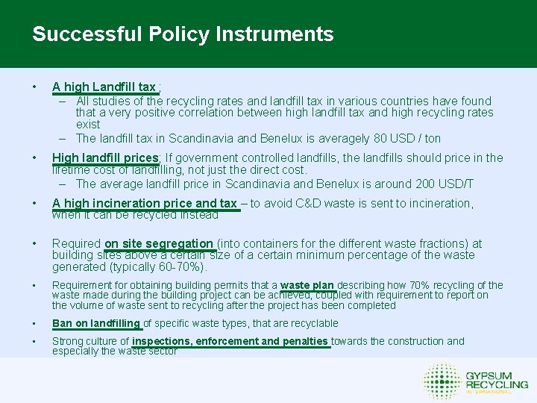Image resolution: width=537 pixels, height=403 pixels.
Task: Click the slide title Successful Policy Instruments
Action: pos(183,34)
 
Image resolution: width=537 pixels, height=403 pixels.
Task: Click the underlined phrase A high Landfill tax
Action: pos(104,87)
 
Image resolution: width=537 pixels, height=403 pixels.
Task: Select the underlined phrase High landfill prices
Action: pos(105,157)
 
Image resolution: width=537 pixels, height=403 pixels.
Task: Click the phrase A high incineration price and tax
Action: pos(145,204)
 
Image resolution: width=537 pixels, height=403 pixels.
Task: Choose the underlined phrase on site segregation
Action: pos(159,243)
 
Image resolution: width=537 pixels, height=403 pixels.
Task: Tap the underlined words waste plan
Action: pos(307,285)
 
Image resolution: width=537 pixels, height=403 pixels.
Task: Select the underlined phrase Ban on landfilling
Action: pos(96,323)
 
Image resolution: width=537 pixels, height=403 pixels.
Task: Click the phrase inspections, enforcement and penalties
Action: pos(230,341)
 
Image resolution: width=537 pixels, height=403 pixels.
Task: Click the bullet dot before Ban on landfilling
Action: pos(34,323)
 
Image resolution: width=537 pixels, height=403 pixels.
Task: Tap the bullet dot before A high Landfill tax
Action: pos(34,87)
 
